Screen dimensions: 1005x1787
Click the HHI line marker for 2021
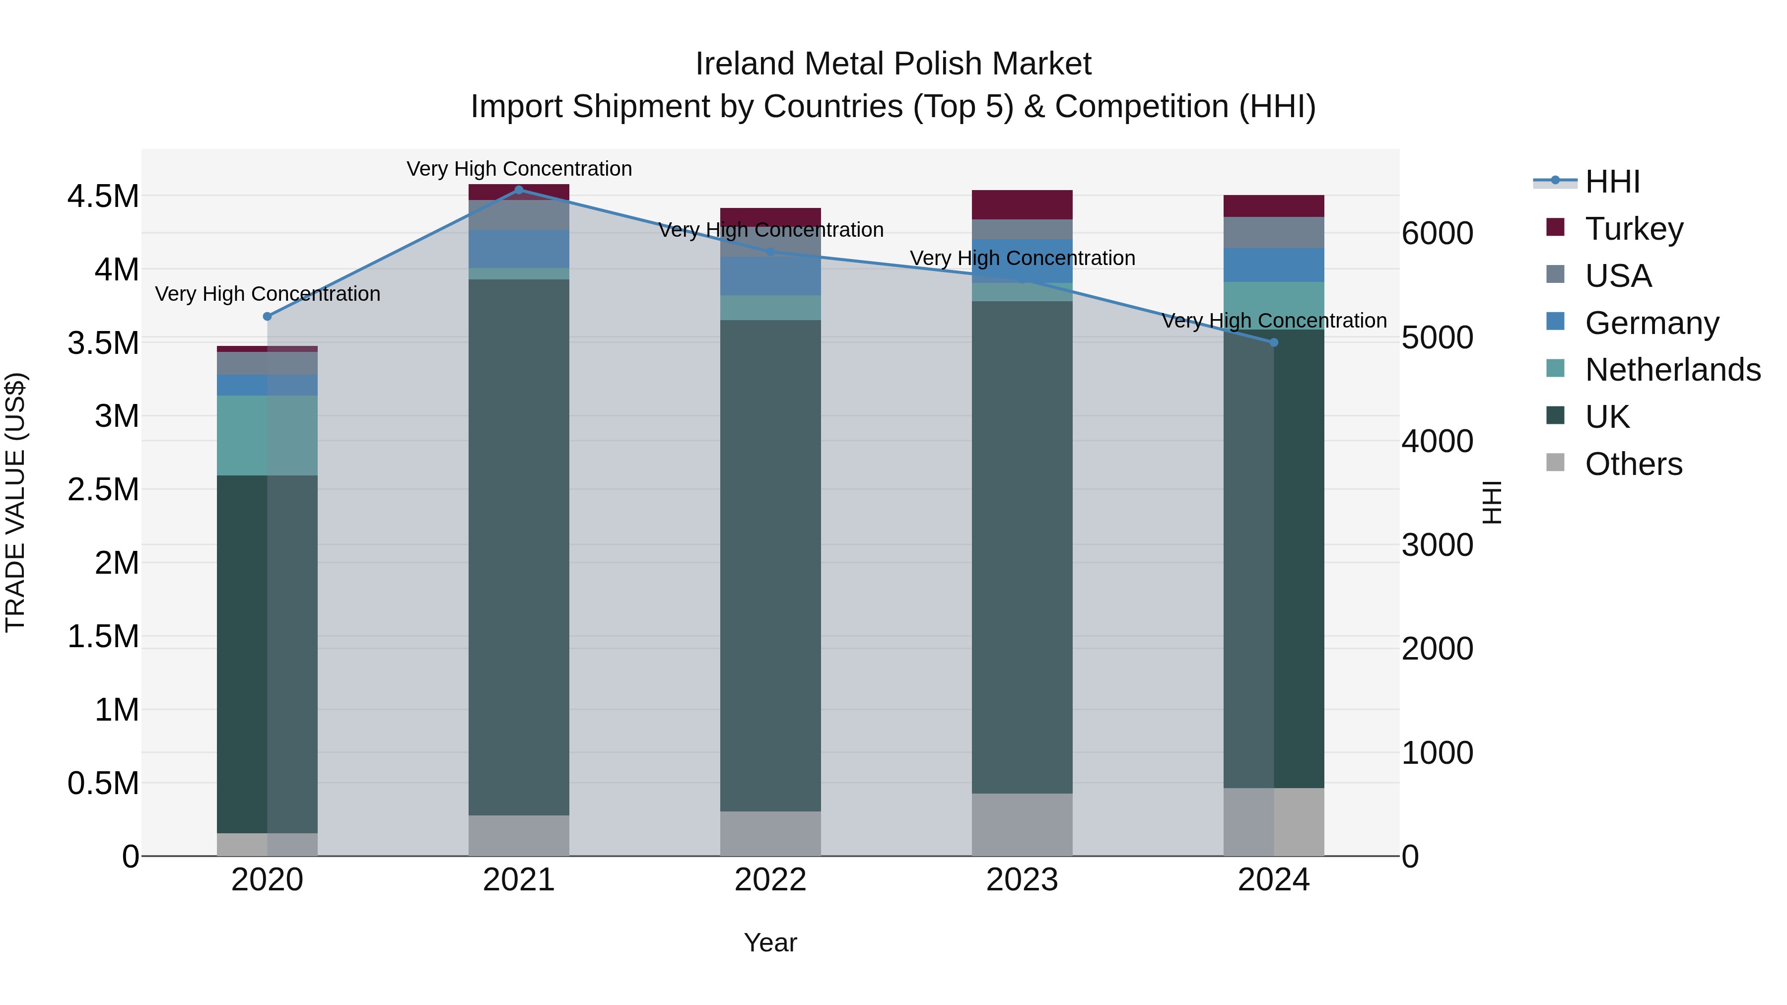click(519, 190)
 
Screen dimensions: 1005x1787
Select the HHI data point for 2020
click(267, 316)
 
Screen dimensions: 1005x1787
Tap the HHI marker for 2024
click(1274, 342)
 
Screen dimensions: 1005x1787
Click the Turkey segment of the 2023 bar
click(1022, 204)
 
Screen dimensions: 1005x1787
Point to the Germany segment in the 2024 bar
click(1274, 265)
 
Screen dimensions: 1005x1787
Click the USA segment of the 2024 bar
click(1274, 232)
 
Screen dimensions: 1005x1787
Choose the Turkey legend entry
click(1634, 229)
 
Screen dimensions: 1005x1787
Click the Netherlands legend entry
click(1672, 370)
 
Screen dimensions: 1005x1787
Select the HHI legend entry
click(1612, 182)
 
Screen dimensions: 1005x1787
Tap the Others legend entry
click(1633, 464)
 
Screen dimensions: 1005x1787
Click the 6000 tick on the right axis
click(1438, 234)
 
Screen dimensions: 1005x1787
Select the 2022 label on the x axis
click(770, 880)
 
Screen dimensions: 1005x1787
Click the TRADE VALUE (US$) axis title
click(15, 502)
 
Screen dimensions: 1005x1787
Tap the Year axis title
click(770, 942)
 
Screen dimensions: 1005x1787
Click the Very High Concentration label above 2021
click(519, 169)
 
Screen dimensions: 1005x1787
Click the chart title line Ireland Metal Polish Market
click(893, 64)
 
